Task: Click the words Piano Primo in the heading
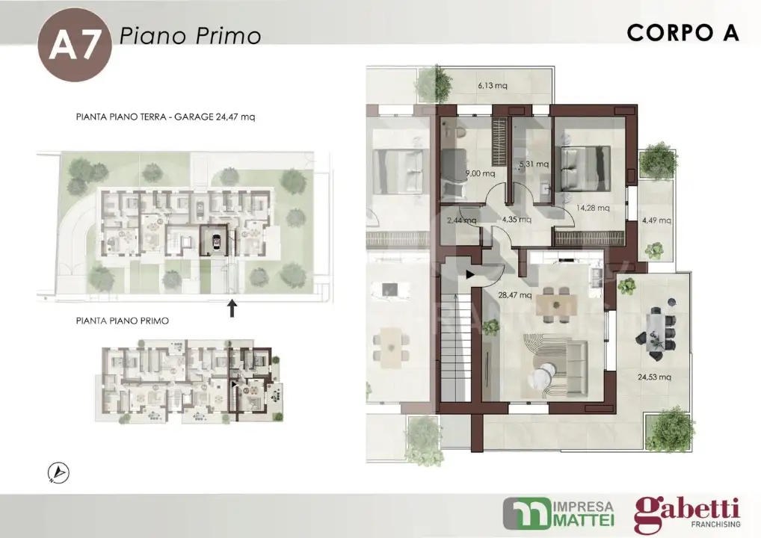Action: [x=190, y=35]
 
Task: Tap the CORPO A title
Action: [x=683, y=34]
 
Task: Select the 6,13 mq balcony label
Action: [x=493, y=86]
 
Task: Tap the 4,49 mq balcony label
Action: [x=656, y=220]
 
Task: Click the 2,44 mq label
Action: [x=461, y=220]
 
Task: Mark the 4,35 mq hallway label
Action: [x=516, y=220]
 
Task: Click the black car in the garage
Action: [x=216, y=241]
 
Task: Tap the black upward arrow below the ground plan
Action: [x=232, y=308]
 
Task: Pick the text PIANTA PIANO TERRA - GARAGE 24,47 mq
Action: [x=166, y=117]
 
